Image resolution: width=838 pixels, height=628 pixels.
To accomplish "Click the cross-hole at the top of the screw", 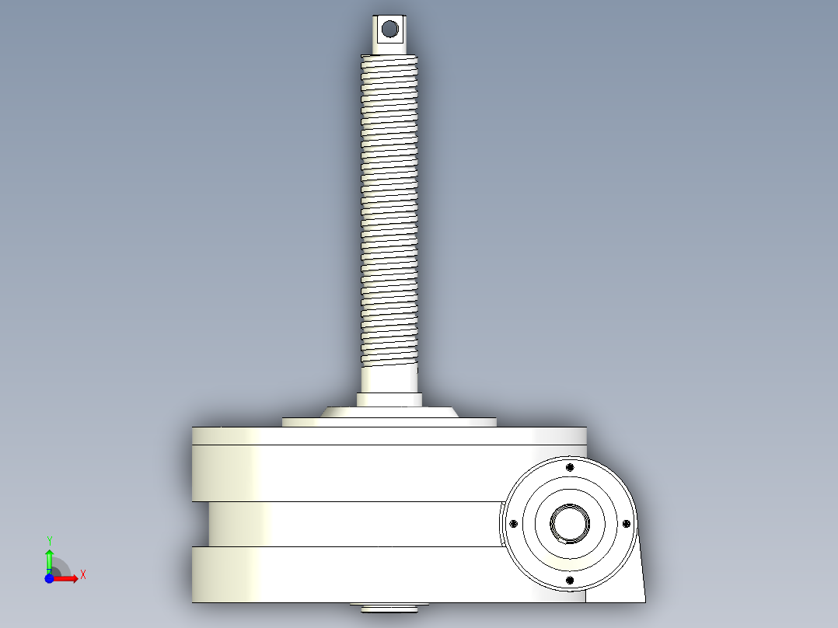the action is (390, 29).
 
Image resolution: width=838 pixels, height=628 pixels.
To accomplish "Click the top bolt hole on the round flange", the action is (570, 468).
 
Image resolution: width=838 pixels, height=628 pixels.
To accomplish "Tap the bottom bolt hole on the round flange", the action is (570, 581).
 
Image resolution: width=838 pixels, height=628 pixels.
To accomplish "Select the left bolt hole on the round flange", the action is (514, 524).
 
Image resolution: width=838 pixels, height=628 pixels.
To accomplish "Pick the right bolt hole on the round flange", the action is (627, 524).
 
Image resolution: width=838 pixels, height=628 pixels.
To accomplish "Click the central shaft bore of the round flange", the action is (570, 524).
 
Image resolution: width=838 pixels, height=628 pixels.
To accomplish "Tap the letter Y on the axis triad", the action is (50, 541).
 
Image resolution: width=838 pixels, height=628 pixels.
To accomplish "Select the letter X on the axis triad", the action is (83, 575).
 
